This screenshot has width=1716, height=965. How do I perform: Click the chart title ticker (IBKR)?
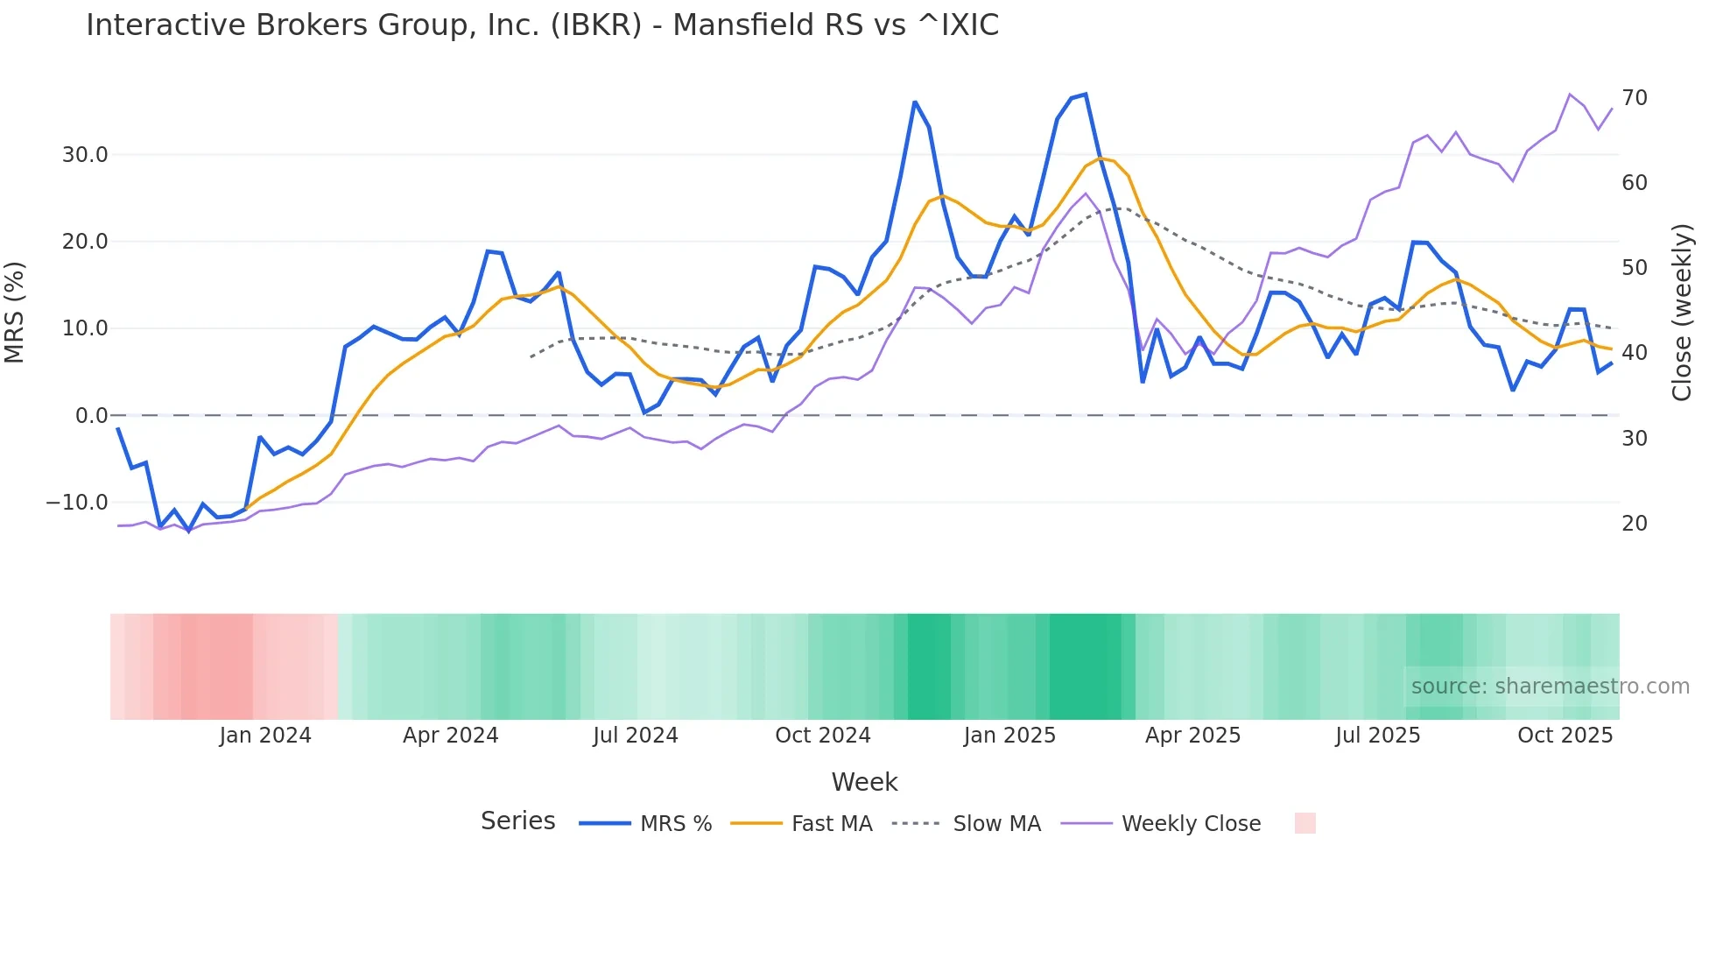pos(596,25)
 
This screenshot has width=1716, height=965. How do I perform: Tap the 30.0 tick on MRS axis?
pos(85,155)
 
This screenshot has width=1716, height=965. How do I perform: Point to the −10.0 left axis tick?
pos(77,503)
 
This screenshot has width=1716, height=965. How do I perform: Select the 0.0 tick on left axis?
pos(91,416)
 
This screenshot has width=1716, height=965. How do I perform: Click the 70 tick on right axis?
pos(1634,98)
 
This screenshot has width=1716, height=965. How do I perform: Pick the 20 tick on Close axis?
pos(1634,524)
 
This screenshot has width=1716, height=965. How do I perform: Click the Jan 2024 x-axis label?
pos(265,736)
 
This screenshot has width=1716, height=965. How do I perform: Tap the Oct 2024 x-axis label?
pos(822,736)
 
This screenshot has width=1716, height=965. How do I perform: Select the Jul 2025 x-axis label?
pos(1377,736)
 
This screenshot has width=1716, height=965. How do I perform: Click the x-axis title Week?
pos(864,782)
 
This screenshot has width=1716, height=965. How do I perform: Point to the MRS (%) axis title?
pos(15,312)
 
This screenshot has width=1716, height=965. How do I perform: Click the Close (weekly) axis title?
pos(1681,312)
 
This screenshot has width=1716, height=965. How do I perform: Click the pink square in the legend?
pos(1305,823)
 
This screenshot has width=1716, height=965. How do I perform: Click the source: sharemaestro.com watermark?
pos(1550,687)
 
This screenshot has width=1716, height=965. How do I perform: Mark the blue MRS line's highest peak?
pos(1086,94)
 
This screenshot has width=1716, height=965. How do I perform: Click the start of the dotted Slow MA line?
pos(531,357)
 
